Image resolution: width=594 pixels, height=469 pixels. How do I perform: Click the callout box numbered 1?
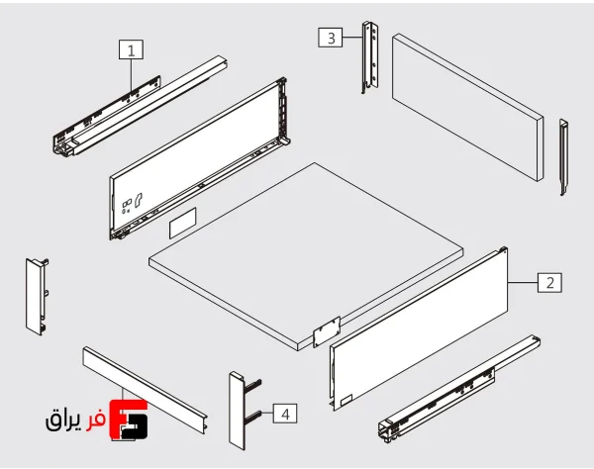coord(131,49)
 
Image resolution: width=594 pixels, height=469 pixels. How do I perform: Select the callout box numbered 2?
coord(549,282)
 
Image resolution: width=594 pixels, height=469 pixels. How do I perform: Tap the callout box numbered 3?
coord(331,38)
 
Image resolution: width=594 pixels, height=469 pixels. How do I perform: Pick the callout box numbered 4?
coord(285,414)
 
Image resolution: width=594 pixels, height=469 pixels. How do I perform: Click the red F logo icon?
coord(129,421)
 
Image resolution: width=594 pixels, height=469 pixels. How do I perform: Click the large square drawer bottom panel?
coord(306,256)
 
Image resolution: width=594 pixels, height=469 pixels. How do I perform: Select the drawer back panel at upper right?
coord(468,107)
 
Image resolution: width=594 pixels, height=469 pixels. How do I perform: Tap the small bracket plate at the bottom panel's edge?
coord(327,331)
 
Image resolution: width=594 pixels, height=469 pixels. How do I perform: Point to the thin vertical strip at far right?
coord(563,156)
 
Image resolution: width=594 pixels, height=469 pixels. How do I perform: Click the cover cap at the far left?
coord(37,297)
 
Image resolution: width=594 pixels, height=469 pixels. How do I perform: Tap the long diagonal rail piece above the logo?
coord(145,390)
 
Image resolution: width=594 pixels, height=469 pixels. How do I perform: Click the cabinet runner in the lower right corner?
coord(459,389)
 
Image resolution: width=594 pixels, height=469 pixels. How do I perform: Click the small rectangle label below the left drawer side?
coord(182,223)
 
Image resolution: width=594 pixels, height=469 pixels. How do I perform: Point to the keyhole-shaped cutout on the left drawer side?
coord(138,201)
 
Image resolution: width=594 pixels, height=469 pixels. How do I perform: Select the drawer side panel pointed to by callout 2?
coord(419,328)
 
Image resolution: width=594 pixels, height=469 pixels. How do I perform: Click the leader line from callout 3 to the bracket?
coord(352,37)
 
